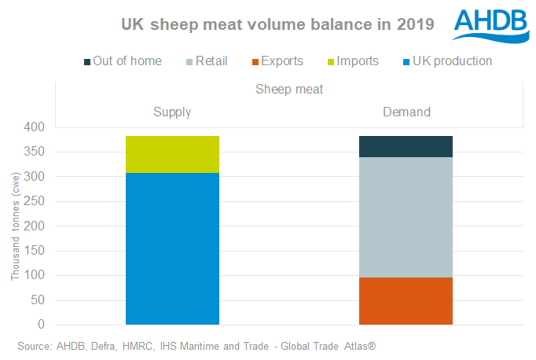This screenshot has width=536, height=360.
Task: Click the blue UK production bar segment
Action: point(172,248)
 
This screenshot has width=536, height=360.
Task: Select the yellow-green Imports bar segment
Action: point(172,154)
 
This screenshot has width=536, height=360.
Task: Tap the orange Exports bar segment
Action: point(406,300)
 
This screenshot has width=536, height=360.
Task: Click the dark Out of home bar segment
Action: point(406,146)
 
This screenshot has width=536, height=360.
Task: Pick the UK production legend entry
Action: point(442,61)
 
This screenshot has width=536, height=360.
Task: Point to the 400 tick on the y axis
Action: point(35,127)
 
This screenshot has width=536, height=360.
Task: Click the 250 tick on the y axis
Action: point(35,201)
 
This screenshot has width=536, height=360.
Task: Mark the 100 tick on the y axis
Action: point(35,276)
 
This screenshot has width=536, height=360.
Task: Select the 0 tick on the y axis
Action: point(41,325)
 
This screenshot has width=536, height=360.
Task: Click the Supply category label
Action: point(172,112)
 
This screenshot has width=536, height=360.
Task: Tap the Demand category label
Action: point(406,112)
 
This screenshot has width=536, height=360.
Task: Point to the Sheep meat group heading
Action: point(289,89)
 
